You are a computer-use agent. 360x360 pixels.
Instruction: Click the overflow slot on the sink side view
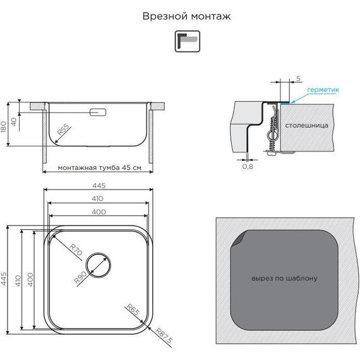point(99,113)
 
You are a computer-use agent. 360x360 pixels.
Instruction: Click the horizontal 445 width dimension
point(99,185)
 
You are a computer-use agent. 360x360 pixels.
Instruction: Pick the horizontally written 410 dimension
point(99,199)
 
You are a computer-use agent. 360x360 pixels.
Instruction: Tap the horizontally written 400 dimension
point(99,212)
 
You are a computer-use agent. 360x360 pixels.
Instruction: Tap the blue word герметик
point(323,90)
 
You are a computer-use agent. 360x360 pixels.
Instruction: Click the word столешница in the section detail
point(306,126)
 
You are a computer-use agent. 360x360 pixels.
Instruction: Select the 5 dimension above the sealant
point(297,79)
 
